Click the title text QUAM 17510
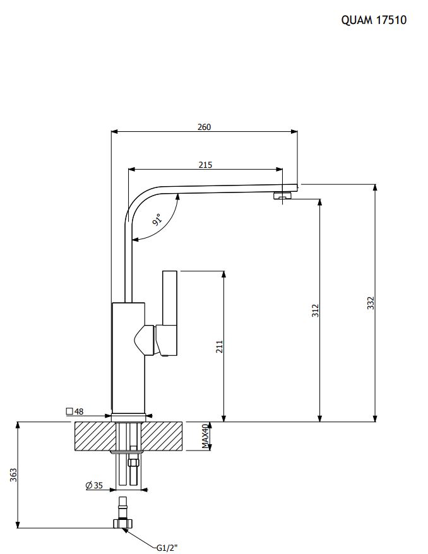coord(374,20)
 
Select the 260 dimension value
coord(204,127)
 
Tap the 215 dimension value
coord(205,165)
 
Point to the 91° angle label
coord(158,220)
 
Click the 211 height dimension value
coord(220,346)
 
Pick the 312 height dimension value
coord(316,310)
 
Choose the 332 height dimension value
coord(371,304)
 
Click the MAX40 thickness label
coord(205,436)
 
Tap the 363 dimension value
coord(13,475)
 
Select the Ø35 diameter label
coord(93,485)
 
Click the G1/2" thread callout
coord(167,547)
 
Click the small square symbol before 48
coord(69,411)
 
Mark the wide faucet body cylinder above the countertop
coord(128,357)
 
